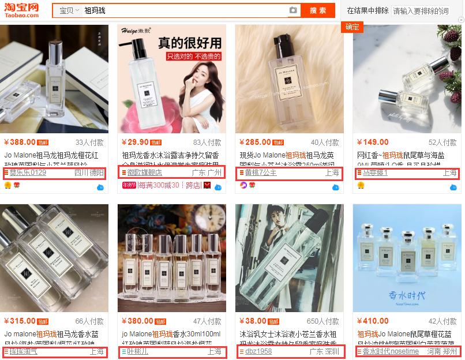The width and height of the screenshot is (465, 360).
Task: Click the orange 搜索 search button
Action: (x=318, y=10)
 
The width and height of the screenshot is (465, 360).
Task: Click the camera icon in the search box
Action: (x=293, y=10)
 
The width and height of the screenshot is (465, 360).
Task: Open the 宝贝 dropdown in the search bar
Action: (x=69, y=10)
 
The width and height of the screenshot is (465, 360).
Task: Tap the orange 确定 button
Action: (x=352, y=27)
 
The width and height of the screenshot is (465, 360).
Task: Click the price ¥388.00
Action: (x=20, y=142)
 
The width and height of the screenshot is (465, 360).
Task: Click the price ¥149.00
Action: (x=373, y=142)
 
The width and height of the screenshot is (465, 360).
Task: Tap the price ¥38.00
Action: (x=253, y=321)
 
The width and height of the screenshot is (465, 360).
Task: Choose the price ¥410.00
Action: (x=373, y=321)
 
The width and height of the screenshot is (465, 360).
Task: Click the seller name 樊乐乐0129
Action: (x=27, y=172)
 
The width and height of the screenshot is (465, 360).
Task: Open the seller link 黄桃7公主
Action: (x=260, y=172)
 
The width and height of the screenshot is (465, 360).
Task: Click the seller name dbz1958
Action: (x=258, y=351)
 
